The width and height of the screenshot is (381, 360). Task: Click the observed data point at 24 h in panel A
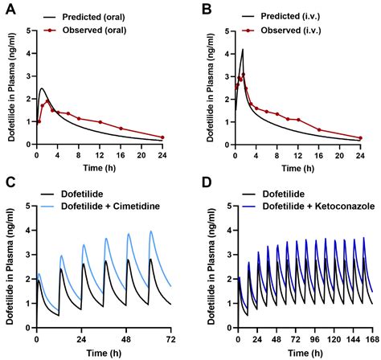tap(163, 137)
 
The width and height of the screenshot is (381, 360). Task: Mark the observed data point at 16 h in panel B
tap(318, 130)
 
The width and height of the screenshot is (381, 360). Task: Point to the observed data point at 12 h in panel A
tap(100, 122)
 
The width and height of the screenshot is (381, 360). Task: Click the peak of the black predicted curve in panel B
tap(243, 50)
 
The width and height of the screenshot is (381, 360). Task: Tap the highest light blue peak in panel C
tap(150, 231)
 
